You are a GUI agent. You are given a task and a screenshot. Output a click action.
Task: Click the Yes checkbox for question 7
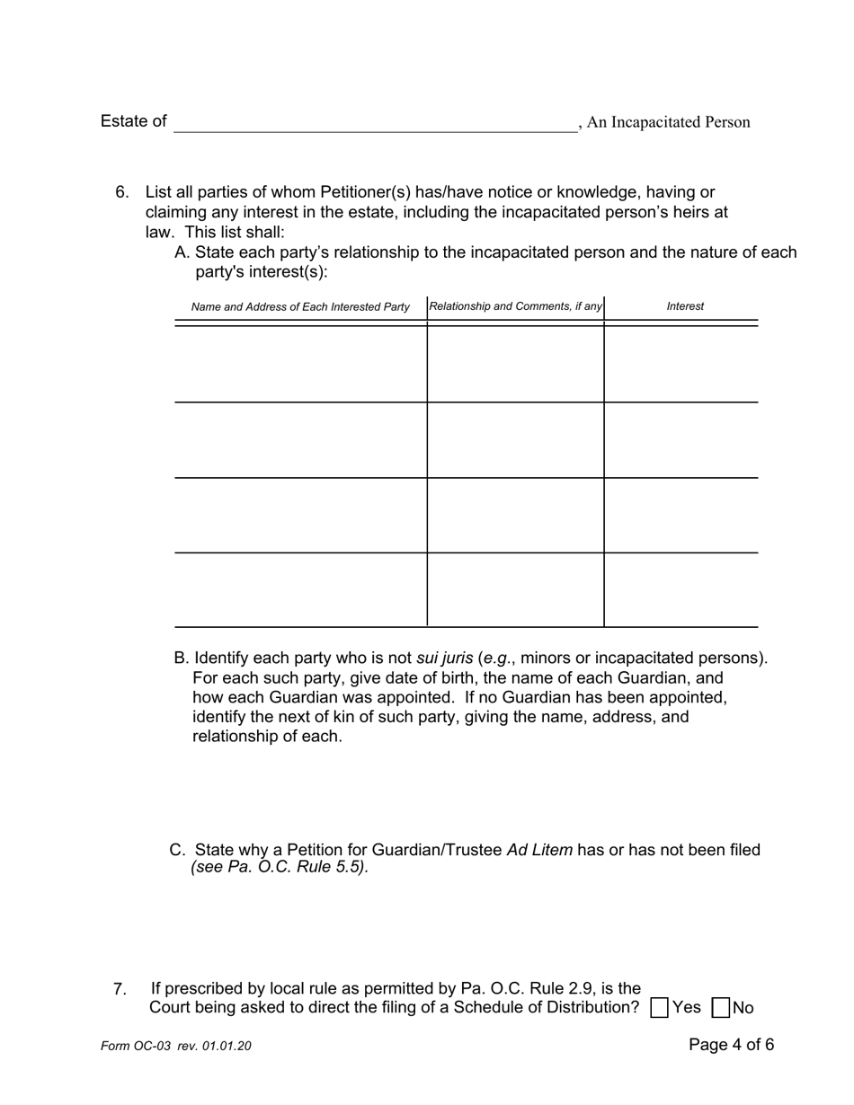tap(659, 1007)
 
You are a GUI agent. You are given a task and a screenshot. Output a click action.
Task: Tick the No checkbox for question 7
tap(720, 1007)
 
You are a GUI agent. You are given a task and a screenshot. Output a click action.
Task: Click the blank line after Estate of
tap(375, 123)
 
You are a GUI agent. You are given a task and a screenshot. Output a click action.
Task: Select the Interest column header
tap(685, 306)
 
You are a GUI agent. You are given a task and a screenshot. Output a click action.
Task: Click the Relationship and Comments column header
tap(516, 306)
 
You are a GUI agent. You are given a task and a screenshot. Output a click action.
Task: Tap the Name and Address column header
tap(300, 307)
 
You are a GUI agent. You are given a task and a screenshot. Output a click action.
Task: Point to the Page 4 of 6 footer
tap(731, 1044)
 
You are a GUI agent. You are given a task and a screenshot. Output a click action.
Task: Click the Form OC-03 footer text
tap(176, 1046)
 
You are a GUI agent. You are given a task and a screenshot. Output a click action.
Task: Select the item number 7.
tap(120, 989)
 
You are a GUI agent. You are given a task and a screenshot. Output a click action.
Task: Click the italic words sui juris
tap(444, 658)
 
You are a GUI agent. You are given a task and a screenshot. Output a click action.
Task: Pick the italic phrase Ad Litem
tap(539, 850)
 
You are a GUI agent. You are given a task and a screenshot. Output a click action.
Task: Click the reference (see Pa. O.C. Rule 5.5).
tap(280, 868)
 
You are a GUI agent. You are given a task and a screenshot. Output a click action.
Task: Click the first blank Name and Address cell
tap(300, 363)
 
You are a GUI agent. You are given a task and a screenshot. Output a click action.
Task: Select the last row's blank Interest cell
tap(681, 589)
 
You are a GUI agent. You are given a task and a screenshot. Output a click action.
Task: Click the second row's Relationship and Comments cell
tap(515, 440)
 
